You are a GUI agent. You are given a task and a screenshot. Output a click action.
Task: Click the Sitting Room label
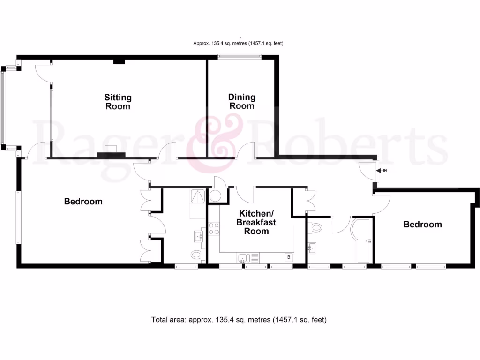point(118,102)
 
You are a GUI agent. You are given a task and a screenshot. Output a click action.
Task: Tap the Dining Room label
point(241,101)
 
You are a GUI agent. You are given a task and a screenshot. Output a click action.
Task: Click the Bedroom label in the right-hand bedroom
point(422,225)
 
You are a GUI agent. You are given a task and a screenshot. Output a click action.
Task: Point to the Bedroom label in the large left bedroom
point(83,202)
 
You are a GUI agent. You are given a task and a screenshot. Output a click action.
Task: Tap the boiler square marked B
point(289,257)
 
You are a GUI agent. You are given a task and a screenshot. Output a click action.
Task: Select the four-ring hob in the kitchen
point(214,229)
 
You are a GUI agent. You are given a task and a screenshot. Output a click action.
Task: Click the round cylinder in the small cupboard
point(216,195)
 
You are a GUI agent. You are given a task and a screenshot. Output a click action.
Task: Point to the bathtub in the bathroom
point(361,240)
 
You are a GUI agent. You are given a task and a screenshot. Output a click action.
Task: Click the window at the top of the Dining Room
point(239,57)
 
